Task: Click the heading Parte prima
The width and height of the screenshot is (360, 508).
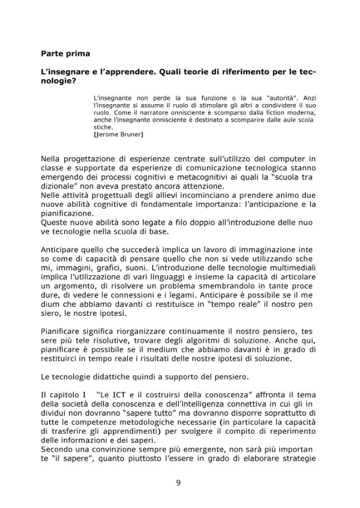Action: [x=65, y=54]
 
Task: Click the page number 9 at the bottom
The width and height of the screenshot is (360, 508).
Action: [x=178, y=483]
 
